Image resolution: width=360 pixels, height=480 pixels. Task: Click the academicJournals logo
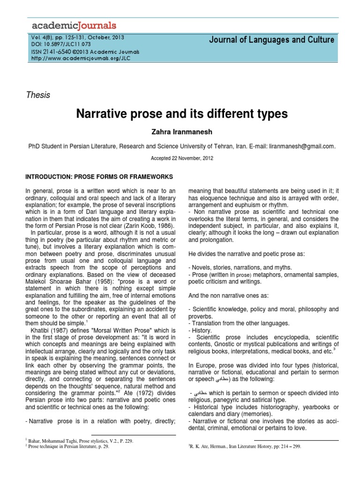click(x=73, y=25)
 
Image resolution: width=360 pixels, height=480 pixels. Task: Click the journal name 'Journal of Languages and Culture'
click(x=272, y=40)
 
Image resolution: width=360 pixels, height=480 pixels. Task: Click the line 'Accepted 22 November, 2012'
click(x=182, y=158)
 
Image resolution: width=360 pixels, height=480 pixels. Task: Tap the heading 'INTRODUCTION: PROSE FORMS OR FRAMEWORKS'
click(x=99, y=176)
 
